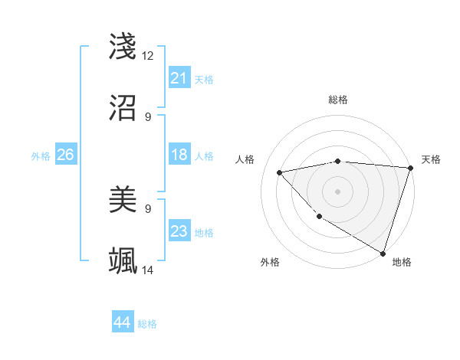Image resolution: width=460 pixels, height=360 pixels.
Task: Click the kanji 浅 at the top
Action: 123,46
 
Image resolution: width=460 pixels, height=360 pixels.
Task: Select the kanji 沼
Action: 123,108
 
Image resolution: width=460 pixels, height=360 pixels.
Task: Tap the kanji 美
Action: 123,200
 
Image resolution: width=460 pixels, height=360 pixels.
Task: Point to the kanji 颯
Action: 123,261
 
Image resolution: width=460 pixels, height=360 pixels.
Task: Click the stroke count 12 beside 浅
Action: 148,56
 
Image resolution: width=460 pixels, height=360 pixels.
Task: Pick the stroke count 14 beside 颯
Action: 148,270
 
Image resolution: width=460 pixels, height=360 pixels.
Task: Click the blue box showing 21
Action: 179,78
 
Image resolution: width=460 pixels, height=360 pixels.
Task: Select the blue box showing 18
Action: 179,155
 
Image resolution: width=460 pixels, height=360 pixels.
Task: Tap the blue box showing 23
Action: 179,232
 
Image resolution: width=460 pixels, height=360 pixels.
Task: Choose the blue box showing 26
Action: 65,155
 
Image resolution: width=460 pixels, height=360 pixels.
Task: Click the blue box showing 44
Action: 123,323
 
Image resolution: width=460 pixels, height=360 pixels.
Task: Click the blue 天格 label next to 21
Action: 204,80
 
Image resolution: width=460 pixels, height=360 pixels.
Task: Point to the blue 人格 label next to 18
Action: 204,156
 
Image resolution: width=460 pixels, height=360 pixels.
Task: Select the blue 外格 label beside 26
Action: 41,156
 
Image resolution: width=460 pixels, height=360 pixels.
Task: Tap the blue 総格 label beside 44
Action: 147,324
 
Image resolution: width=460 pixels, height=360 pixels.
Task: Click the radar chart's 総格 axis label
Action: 338,100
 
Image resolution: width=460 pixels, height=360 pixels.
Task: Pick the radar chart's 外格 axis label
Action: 270,262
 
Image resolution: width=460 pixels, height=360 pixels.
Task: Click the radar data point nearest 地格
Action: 383,253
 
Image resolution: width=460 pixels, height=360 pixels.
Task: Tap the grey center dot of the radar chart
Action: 338,191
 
